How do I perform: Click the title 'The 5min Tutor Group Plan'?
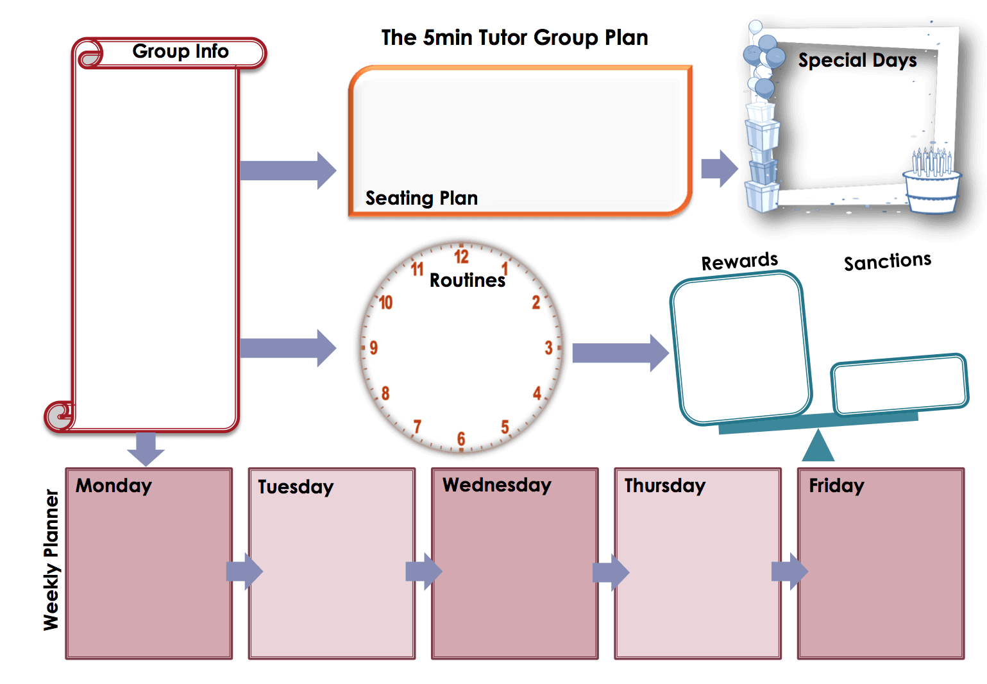(514, 38)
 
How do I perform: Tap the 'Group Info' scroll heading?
(180, 51)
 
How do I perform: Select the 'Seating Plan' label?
(421, 198)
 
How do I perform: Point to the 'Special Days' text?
(857, 60)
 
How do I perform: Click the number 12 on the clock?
(461, 257)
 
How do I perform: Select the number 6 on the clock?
(460, 439)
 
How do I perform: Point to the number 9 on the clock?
(373, 348)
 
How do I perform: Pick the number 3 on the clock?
(548, 348)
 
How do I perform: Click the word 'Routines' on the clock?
(468, 280)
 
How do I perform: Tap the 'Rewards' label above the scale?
(739, 261)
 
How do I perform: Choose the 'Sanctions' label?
(887, 261)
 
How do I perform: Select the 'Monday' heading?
(114, 486)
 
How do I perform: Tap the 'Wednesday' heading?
(496, 485)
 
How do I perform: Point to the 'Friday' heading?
(836, 486)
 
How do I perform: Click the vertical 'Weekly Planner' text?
(51, 560)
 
